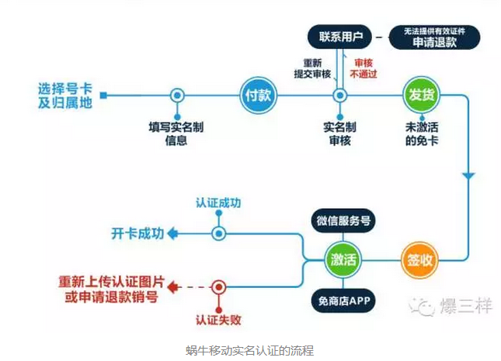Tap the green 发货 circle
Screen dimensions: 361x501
click(419, 95)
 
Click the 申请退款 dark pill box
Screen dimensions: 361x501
click(434, 37)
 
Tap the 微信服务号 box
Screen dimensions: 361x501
click(342, 220)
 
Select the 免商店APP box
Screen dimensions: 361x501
click(342, 299)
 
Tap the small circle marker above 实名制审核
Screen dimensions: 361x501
click(339, 95)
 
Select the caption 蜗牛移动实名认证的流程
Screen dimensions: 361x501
click(249, 351)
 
